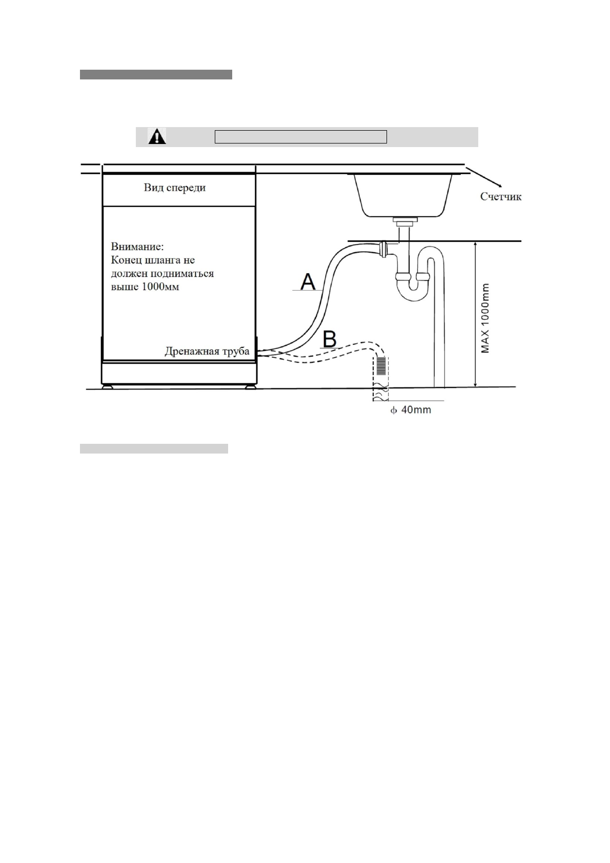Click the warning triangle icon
(x=157, y=136)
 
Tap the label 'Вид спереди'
(x=174, y=188)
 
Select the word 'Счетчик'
(x=500, y=196)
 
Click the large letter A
(x=308, y=282)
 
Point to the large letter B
(x=330, y=339)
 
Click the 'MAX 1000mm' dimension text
(x=485, y=318)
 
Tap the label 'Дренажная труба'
(x=207, y=352)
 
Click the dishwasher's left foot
(x=108, y=387)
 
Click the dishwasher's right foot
(x=250, y=387)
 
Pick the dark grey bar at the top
(x=156, y=75)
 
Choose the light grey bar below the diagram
(x=154, y=449)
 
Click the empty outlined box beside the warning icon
(x=300, y=137)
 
